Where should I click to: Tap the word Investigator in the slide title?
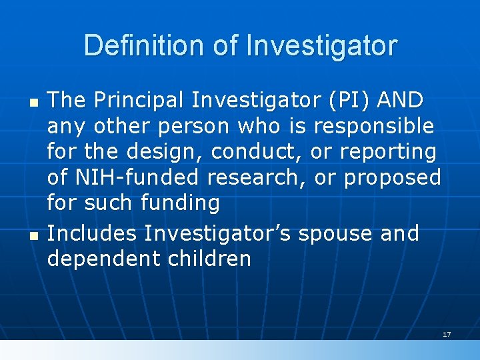[321, 46]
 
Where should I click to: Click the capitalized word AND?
[400, 100]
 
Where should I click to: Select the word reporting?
[388, 152]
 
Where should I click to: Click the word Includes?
[93, 233]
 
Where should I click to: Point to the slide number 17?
[447, 333]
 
